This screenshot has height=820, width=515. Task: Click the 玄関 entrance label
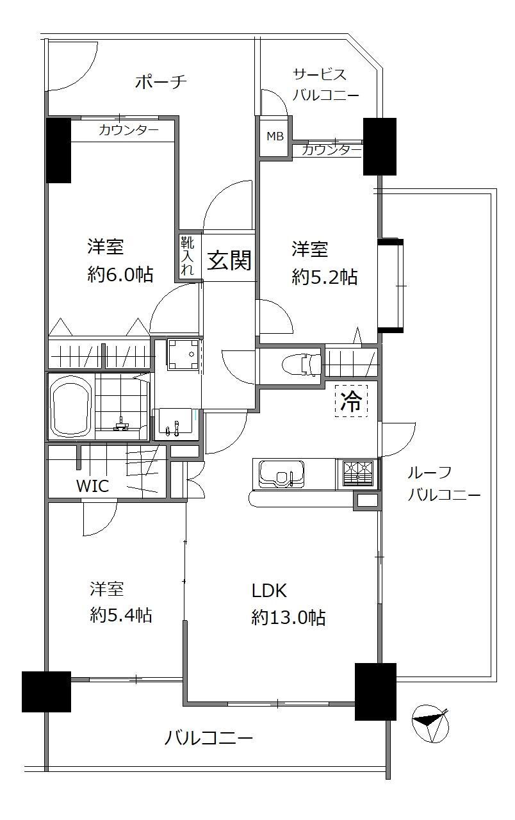[x=229, y=260]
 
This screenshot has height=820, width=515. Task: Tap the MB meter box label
[x=275, y=136]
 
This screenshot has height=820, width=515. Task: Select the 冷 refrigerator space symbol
[x=351, y=401]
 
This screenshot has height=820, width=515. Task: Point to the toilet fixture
[x=302, y=365]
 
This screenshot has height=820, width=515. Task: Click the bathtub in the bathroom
[x=71, y=406]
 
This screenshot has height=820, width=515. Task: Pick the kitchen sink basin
[x=281, y=474]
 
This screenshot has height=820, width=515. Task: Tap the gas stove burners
[x=357, y=473]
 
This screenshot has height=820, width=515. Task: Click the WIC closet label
[x=93, y=486]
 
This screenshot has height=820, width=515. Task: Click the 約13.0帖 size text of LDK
[x=288, y=618]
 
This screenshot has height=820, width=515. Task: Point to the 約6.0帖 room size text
[x=120, y=274]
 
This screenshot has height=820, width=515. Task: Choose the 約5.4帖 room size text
[x=121, y=614]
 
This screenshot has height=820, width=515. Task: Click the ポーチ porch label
[x=161, y=81]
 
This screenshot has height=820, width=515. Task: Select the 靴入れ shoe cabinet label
[x=188, y=255]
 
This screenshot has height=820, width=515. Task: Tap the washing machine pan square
[x=183, y=355]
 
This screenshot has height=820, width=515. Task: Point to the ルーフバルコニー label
[x=444, y=483]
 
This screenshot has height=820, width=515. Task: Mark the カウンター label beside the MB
[x=332, y=150]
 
